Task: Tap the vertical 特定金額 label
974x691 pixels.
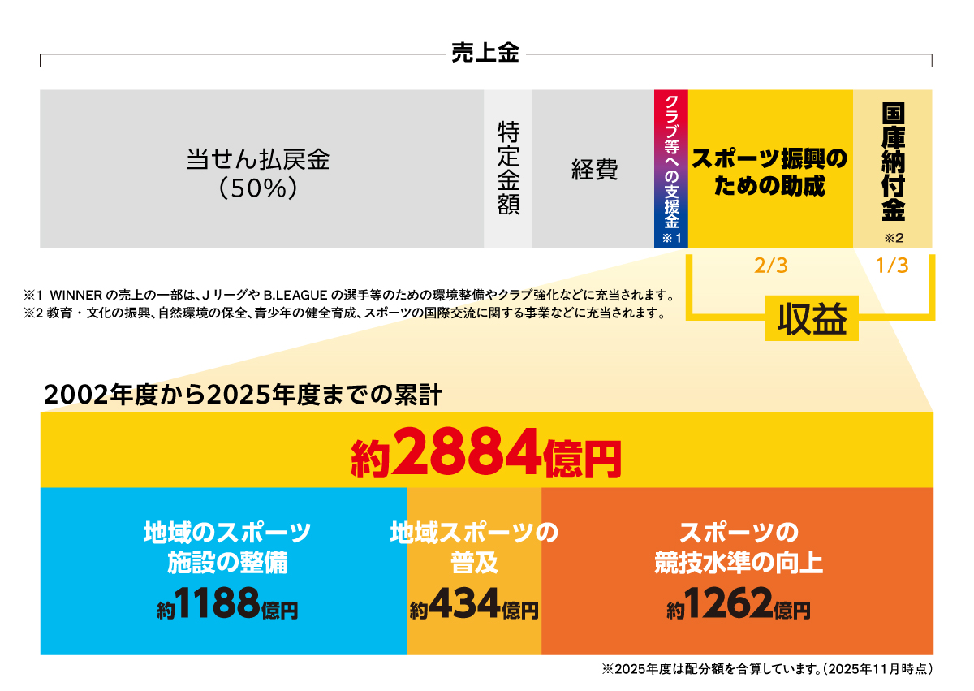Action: pyautogui.click(x=508, y=168)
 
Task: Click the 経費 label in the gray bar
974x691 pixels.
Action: pyautogui.click(x=594, y=170)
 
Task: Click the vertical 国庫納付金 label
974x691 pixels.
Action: pyautogui.click(x=893, y=162)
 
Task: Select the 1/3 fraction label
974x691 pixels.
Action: pyautogui.click(x=892, y=266)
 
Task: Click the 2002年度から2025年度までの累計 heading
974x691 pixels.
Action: pyautogui.click(x=243, y=395)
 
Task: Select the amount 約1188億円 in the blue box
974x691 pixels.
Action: pyautogui.click(x=227, y=605)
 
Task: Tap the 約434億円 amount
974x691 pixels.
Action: pyautogui.click(x=474, y=605)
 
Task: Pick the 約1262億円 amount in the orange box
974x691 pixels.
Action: pyautogui.click(x=738, y=605)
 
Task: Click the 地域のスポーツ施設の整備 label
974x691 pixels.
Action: pyautogui.click(x=227, y=547)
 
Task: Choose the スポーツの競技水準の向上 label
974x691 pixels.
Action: pyautogui.click(x=738, y=547)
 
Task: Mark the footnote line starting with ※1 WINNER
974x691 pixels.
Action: pyautogui.click(x=349, y=294)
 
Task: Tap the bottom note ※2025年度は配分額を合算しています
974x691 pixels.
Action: pyautogui.click(x=767, y=671)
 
